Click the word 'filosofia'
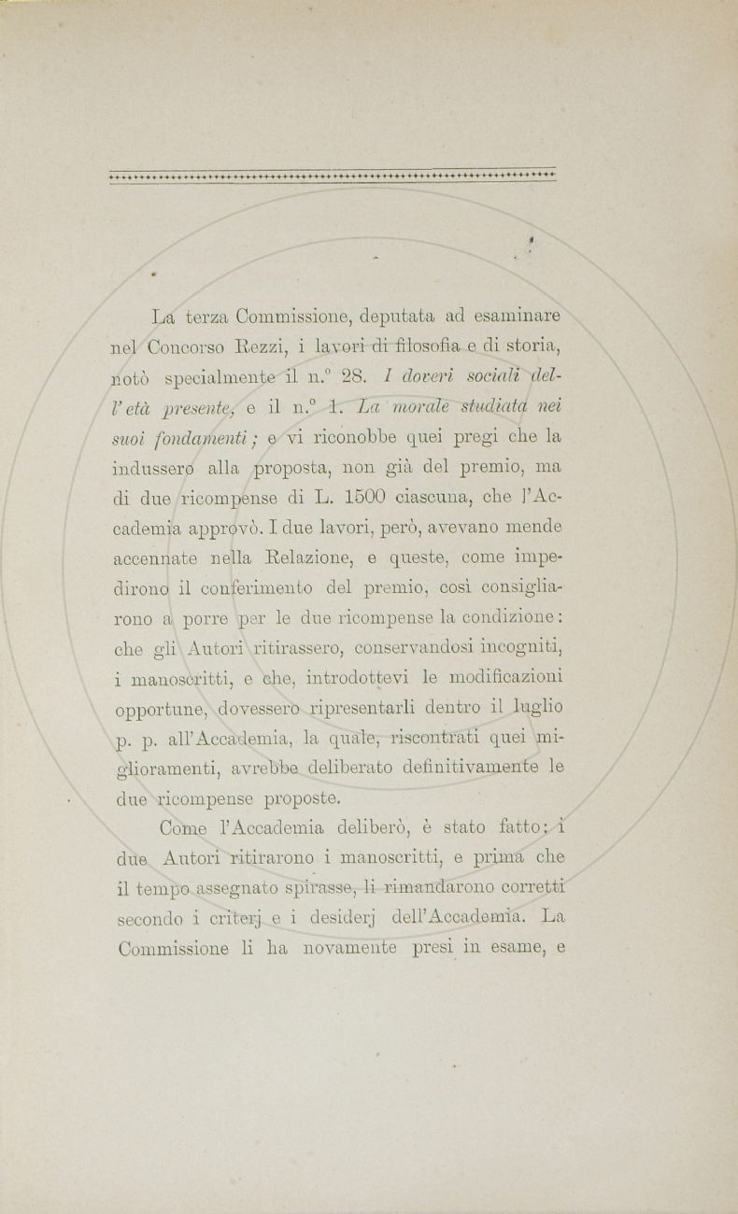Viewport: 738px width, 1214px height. (447, 347)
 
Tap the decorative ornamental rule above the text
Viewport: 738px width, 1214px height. (332, 175)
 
